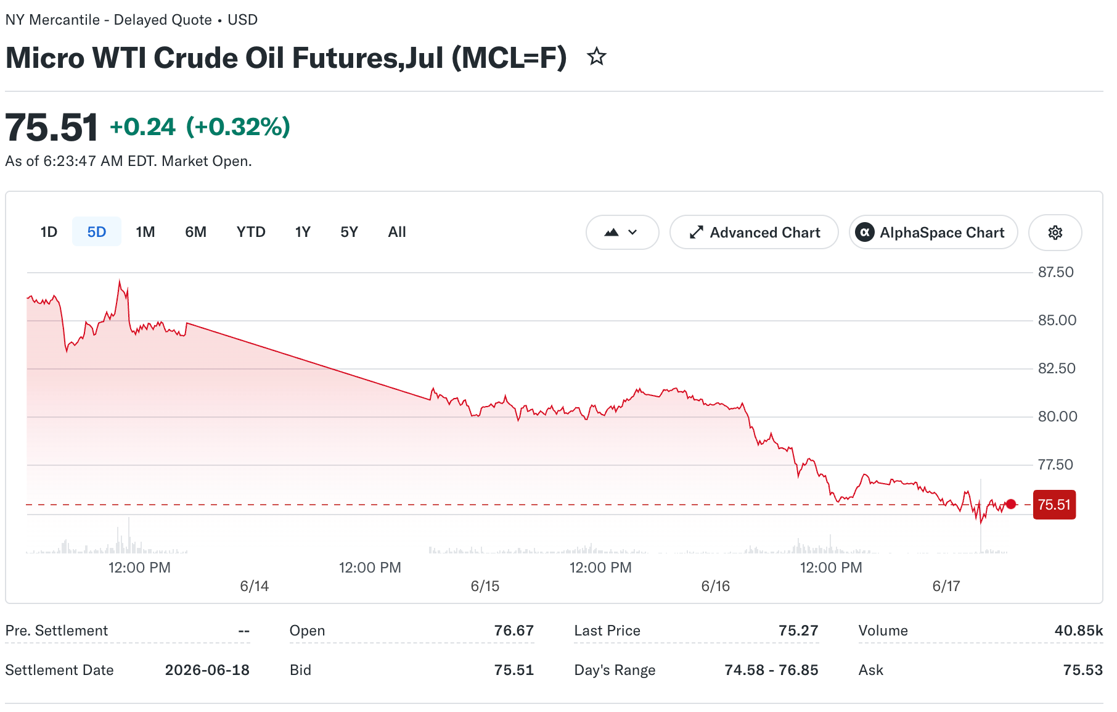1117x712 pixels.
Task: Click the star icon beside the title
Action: point(596,57)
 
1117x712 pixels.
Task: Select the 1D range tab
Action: point(49,232)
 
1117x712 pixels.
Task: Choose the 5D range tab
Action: point(97,232)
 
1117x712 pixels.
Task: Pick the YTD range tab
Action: point(251,232)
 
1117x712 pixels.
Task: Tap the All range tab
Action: point(397,232)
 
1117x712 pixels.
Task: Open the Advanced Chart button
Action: point(754,233)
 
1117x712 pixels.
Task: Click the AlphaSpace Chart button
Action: point(933,233)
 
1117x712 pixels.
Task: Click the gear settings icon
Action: point(1055,233)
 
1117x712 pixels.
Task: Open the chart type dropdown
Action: point(623,233)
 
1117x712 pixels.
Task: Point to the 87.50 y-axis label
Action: point(1056,272)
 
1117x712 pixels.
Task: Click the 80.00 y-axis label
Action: point(1058,416)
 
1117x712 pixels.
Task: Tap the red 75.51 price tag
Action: point(1054,505)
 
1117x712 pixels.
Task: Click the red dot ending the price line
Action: point(1011,504)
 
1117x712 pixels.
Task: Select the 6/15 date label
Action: point(485,586)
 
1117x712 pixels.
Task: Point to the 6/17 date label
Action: point(946,586)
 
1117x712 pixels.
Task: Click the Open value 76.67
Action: point(514,631)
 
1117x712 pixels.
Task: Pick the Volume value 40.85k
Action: point(1079,631)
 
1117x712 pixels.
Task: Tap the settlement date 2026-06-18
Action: point(207,670)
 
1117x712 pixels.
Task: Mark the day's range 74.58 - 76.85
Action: point(772,670)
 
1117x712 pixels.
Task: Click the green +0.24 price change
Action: point(143,127)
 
